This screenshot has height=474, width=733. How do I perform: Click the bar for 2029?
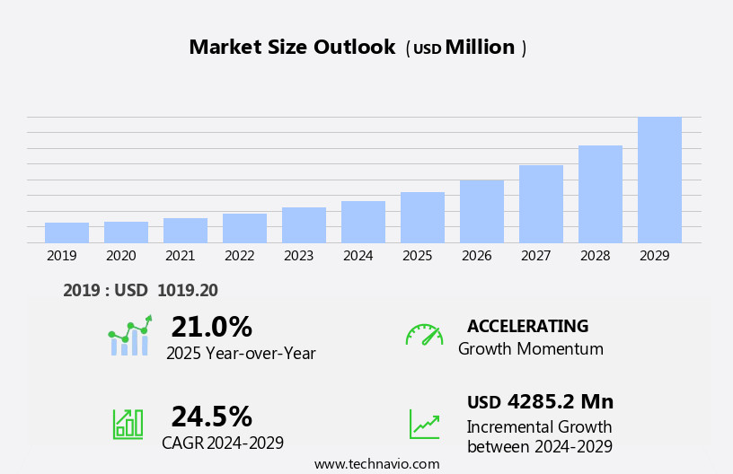[x=659, y=180]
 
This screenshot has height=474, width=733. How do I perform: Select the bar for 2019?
[x=66, y=233]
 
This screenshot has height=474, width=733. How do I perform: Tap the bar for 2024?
[x=363, y=222]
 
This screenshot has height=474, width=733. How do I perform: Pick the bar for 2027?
[x=541, y=204]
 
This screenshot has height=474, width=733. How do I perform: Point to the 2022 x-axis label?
[x=239, y=256]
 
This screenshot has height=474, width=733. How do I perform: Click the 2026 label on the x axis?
[x=476, y=256]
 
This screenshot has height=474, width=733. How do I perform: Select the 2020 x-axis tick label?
[x=120, y=256]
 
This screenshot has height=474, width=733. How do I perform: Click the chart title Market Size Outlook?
[x=292, y=48]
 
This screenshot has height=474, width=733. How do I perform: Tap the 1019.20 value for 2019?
[x=187, y=291]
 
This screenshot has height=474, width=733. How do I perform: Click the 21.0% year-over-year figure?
[x=211, y=327]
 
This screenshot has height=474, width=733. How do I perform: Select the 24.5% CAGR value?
[x=211, y=417]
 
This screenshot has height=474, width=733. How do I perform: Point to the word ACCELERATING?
[x=527, y=327]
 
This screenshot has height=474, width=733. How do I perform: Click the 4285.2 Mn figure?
[x=560, y=402]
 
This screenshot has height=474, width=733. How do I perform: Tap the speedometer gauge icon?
[x=424, y=335]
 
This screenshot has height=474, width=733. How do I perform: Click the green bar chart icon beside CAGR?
[x=127, y=423]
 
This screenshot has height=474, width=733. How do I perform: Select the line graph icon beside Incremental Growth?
[x=424, y=423]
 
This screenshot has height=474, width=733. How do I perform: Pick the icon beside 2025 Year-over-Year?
[x=129, y=337]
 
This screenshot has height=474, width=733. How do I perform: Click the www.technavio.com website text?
[x=376, y=464]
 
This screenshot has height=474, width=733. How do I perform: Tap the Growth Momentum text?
[x=530, y=349]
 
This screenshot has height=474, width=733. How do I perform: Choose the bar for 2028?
[x=600, y=194]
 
